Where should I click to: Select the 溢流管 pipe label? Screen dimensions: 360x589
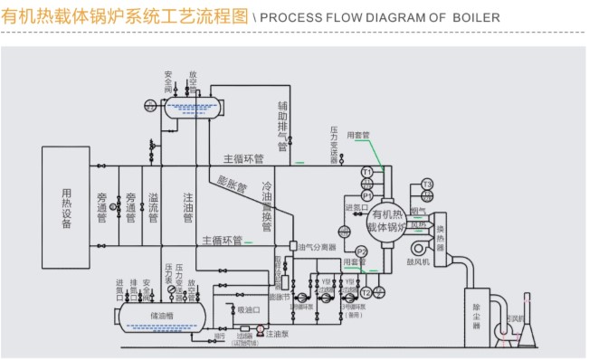tap(154, 207)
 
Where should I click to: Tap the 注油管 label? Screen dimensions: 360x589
tap(187, 207)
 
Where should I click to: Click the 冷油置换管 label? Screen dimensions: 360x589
tap(267, 207)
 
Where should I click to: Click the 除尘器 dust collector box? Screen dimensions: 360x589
tap(477, 317)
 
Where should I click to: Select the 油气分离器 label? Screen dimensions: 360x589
tap(318, 246)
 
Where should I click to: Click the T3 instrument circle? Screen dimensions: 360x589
tap(428, 185)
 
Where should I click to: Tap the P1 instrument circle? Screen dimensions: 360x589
tap(367, 194)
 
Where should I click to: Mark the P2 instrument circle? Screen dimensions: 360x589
tap(361, 251)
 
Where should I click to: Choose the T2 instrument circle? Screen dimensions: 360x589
tap(366, 291)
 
